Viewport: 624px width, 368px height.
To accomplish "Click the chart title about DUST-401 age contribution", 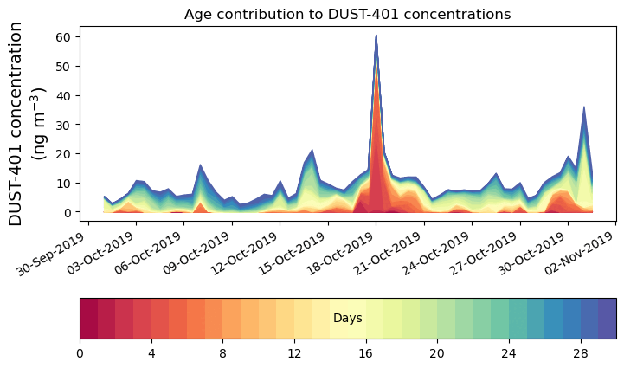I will point(347,14).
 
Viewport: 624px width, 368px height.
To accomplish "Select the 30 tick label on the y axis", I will point(63,124).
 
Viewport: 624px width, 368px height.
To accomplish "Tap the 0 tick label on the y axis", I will point(67,212).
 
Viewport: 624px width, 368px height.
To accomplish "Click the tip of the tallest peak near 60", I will point(376,36).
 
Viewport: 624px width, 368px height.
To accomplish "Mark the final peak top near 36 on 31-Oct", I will point(584,107).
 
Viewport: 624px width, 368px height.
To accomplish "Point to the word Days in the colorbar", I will point(347,319).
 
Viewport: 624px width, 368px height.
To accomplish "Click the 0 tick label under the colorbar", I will point(80,353).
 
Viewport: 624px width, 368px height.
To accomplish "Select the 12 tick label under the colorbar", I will point(294,353).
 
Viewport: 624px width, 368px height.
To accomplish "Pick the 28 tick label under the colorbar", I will point(580,353).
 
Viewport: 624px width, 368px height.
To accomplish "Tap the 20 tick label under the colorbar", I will point(437,353).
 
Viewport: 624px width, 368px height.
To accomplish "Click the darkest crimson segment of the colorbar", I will point(88,319).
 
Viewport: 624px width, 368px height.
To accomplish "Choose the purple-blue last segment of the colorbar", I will point(607,319).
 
